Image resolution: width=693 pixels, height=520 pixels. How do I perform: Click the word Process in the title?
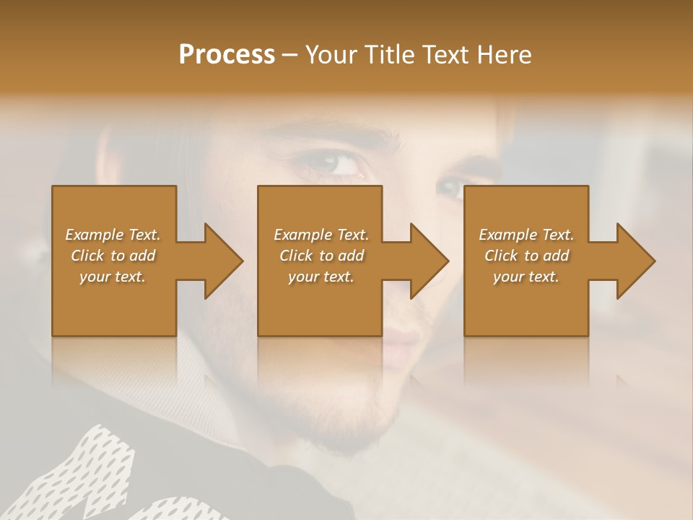tap(227, 55)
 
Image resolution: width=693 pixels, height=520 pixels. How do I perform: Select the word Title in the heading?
tap(388, 55)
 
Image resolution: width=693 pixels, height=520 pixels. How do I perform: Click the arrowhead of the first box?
tap(224, 261)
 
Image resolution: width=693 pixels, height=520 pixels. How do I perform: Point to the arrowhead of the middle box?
tap(430, 261)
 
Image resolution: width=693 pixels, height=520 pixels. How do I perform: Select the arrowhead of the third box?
tap(636, 261)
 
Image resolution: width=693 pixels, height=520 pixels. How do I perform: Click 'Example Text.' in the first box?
tap(113, 235)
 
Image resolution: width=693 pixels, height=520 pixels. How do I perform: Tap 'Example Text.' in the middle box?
tap(321, 235)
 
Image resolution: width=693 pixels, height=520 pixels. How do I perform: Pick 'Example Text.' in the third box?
tap(526, 235)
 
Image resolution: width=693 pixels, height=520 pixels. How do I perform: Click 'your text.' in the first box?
tap(113, 277)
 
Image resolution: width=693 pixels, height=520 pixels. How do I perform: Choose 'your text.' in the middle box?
tap(321, 277)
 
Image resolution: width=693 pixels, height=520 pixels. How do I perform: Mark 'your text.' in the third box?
tap(526, 277)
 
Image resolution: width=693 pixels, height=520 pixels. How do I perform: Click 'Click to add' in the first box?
tap(113, 256)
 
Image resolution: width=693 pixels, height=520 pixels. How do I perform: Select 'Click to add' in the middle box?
tap(321, 256)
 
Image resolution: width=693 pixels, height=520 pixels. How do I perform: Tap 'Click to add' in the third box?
tap(526, 256)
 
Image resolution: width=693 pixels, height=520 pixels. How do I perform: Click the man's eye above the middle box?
tap(334, 163)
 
